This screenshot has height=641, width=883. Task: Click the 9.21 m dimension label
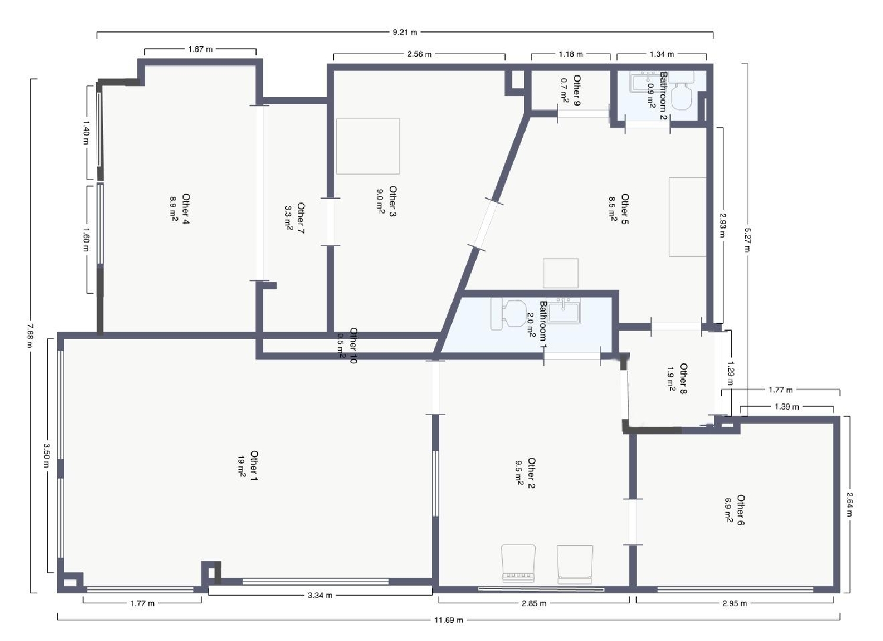coord(405,32)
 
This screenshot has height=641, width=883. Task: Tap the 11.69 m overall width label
coord(449,620)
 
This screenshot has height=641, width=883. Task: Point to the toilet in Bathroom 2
coord(683,96)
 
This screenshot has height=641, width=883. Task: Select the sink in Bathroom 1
coord(564,311)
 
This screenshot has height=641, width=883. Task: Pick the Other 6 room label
coord(735,510)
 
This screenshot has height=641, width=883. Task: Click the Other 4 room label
coord(180,209)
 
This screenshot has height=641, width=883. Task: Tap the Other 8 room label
coord(677,378)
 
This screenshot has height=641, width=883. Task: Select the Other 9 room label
coord(570,91)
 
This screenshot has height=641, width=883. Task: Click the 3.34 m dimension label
coord(320,596)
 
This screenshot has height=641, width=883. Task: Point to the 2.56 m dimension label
coord(419,54)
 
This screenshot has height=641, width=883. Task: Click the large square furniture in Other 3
coord(368,146)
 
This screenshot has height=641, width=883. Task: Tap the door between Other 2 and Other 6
coord(633,522)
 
